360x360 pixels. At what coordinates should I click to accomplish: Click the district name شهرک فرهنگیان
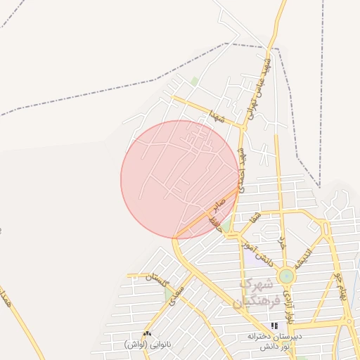point(259,295)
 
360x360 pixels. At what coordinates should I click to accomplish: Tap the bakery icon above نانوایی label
point(147,333)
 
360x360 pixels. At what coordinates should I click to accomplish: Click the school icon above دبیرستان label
point(275,326)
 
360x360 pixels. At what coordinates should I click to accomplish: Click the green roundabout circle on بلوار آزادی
point(286,276)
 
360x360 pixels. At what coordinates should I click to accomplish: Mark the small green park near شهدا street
point(194,82)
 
